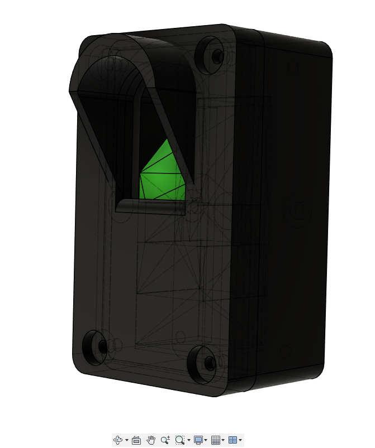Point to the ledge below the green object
(150, 208)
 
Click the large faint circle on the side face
(297, 210)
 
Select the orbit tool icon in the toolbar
(118, 440)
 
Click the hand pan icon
(151, 440)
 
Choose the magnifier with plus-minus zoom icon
(165, 440)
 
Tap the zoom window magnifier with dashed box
(179, 440)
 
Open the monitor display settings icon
(198, 440)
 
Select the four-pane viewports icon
(233, 440)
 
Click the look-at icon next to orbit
(136, 440)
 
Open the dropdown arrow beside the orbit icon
(127, 441)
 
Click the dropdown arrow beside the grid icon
(223, 441)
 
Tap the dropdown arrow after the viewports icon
(240, 441)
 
